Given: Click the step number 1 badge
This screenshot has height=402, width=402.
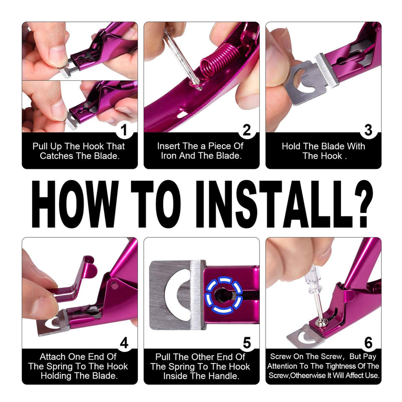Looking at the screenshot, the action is [x=124, y=130].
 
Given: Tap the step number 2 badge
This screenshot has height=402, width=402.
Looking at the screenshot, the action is [x=247, y=130].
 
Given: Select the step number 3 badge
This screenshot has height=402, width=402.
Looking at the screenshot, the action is [x=368, y=130].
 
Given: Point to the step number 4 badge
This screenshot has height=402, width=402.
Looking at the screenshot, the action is [x=124, y=343].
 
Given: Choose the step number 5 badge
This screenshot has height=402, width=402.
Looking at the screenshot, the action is [x=247, y=343].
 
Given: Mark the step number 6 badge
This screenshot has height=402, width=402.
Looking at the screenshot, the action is [x=368, y=343].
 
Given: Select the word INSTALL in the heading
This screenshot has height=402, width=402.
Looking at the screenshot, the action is [x=271, y=204].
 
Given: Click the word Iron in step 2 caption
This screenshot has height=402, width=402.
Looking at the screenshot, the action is [x=169, y=156].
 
